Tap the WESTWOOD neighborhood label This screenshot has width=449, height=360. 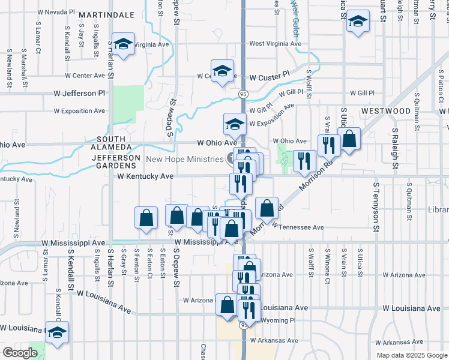pyautogui.click(x=386, y=111)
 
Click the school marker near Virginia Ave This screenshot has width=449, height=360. pyautogui.click(x=124, y=45)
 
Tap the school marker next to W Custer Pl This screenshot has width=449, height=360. pyautogui.click(x=222, y=71)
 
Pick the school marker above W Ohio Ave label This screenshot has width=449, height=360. pyautogui.click(x=235, y=125)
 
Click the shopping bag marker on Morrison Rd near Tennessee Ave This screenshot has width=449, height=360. pyautogui.click(x=267, y=209)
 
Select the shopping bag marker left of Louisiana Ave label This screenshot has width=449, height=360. pyautogui.click(x=228, y=305)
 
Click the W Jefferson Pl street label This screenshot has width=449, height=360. pyautogui.click(x=79, y=94)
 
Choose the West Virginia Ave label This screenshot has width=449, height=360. pyautogui.click(x=275, y=44)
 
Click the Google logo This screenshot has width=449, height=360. pyautogui.click(x=20, y=352)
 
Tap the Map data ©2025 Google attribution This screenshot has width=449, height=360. pyautogui.click(x=412, y=355)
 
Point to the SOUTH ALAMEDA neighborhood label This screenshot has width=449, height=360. pyautogui.click(x=110, y=143)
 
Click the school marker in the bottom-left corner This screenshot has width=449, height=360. pyautogui.click(x=57, y=333)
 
